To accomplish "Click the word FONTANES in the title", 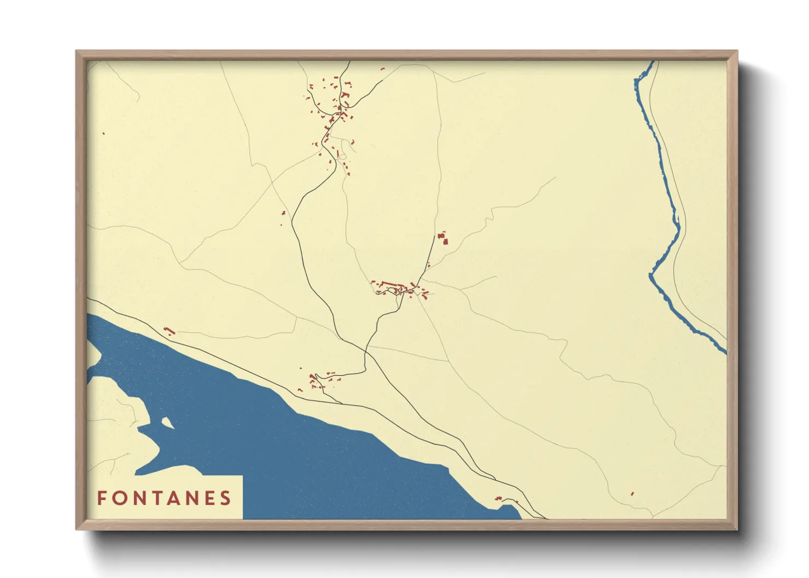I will tap(165, 498).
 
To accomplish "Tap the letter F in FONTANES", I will tap(102, 498).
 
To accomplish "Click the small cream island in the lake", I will tap(167, 422).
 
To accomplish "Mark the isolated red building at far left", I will tap(103, 133).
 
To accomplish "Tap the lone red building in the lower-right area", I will tap(632, 494).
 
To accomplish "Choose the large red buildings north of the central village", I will tap(443, 238).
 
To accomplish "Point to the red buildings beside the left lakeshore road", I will tap(169, 331).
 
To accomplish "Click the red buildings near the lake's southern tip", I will tap(499, 498).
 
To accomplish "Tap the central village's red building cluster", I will tap(399, 288).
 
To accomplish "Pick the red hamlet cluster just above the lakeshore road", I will tap(317, 380).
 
